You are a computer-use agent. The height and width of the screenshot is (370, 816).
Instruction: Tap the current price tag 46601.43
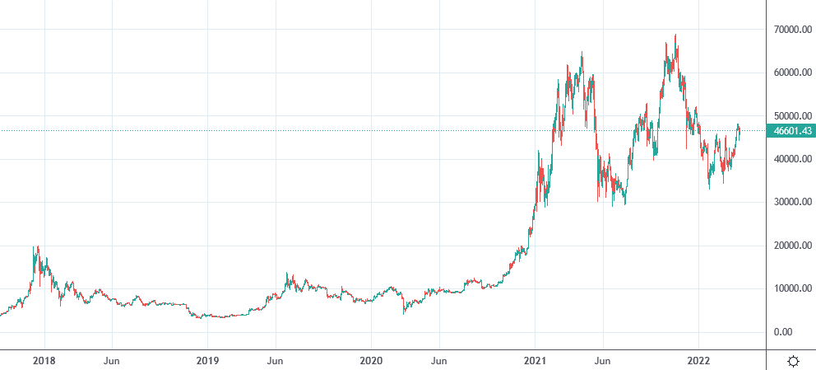click(x=790, y=131)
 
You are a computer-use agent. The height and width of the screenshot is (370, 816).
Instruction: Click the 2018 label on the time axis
click(x=44, y=360)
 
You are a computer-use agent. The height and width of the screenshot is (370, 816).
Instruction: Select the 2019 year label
click(x=207, y=360)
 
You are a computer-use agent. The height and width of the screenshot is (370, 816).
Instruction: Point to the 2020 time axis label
click(x=371, y=360)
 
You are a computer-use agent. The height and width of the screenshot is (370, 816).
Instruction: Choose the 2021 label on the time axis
click(x=535, y=360)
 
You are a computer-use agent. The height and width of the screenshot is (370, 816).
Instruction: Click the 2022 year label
click(x=698, y=360)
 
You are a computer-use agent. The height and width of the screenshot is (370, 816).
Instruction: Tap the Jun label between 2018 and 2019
click(x=113, y=360)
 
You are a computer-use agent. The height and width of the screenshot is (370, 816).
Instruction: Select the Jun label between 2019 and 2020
click(x=276, y=360)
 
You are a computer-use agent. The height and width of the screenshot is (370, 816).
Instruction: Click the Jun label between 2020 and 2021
click(x=439, y=360)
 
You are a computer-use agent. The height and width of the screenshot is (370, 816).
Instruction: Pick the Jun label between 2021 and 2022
click(x=603, y=360)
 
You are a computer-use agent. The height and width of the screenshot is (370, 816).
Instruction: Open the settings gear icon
click(x=794, y=361)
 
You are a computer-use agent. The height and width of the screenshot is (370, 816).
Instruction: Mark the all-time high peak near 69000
click(x=675, y=35)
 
